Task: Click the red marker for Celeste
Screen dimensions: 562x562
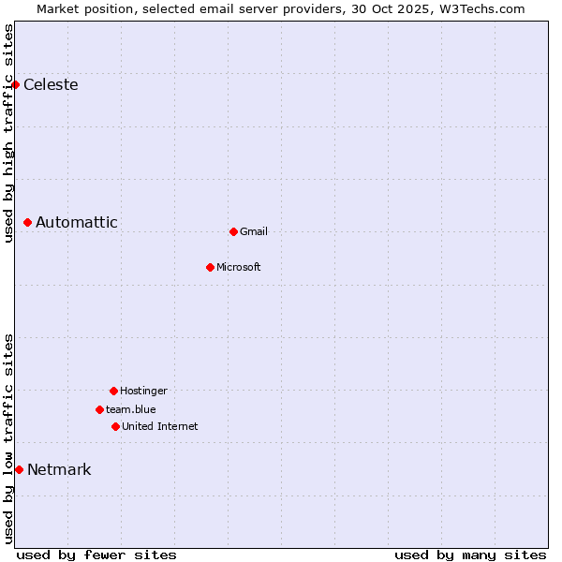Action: (x=15, y=85)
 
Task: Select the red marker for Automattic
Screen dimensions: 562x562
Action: (x=27, y=223)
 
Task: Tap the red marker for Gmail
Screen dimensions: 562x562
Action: (x=233, y=231)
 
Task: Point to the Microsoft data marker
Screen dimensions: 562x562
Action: (x=210, y=267)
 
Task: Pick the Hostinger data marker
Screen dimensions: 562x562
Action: (x=113, y=391)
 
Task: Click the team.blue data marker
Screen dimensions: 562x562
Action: (x=99, y=409)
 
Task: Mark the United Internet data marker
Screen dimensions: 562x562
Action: (x=115, y=426)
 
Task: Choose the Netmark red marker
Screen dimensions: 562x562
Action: (x=19, y=469)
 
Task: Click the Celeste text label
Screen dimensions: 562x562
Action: (x=51, y=85)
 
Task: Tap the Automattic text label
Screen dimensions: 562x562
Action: (x=77, y=223)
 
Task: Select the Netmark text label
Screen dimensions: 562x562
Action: (x=59, y=470)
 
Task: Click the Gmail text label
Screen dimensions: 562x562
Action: (x=254, y=232)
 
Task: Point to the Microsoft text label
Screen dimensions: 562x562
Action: (x=239, y=268)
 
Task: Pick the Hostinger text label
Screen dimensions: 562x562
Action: (x=143, y=392)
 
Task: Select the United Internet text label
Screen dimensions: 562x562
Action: (x=160, y=427)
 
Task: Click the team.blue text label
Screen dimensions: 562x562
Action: (x=131, y=410)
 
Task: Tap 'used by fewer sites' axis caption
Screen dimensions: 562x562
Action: (x=96, y=555)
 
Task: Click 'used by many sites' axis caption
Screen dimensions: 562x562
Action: (x=470, y=555)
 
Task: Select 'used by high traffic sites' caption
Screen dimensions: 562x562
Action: (x=9, y=133)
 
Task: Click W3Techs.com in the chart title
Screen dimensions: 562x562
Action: (x=478, y=8)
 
